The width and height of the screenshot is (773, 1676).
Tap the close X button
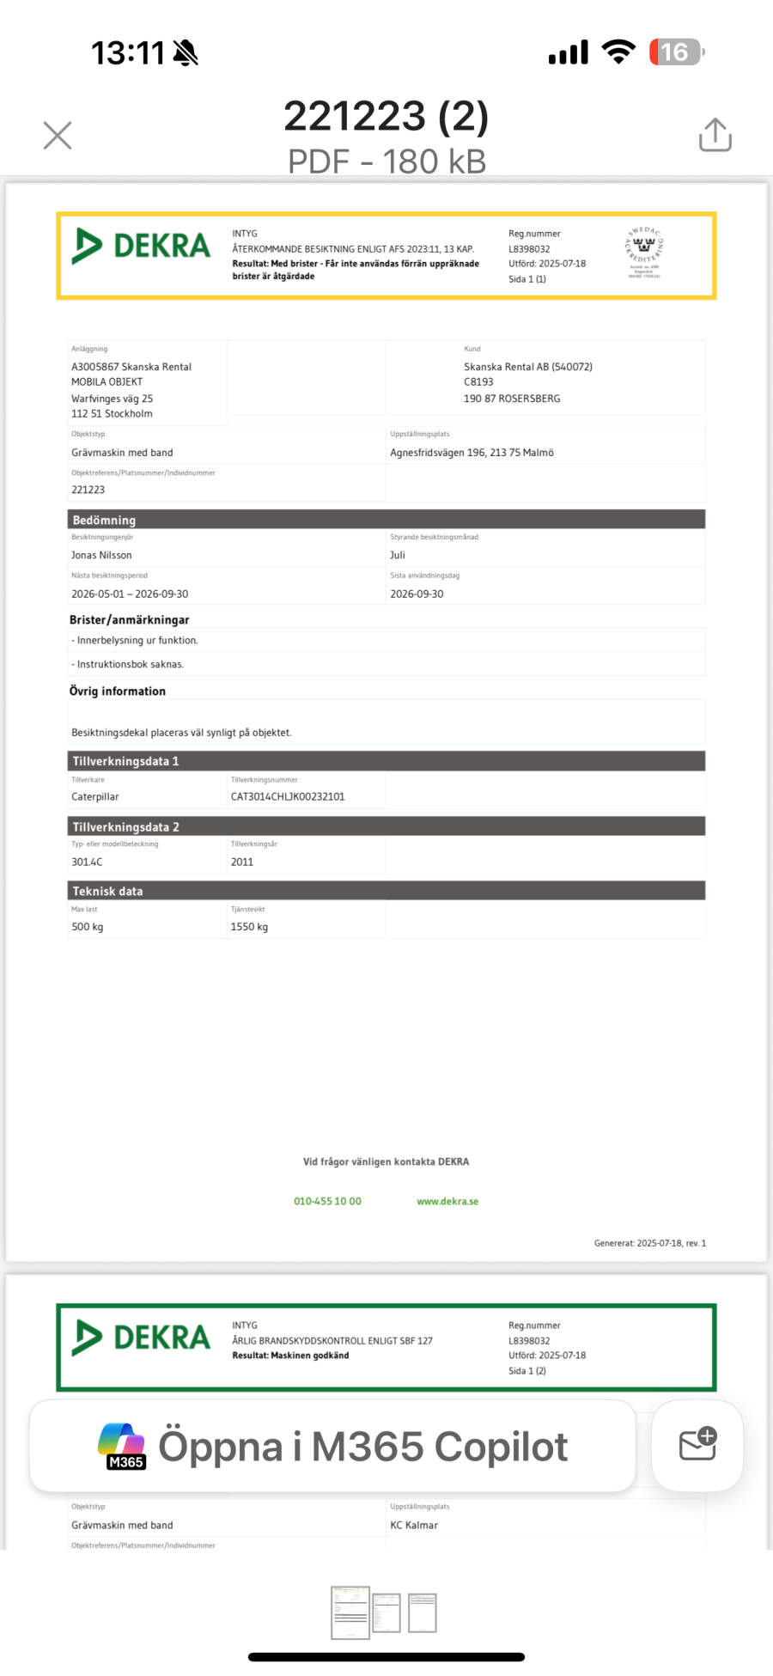pyautogui.click(x=58, y=135)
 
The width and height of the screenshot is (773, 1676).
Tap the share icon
pyautogui.click(x=715, y=135)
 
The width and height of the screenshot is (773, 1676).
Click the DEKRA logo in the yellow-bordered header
pyautogui.click(x=142, y=247)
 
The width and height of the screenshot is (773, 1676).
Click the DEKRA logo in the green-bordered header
pyautogui.click(x=142, y=1338)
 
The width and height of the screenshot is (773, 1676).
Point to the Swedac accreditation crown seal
pyautogui.click(x=644, y=251)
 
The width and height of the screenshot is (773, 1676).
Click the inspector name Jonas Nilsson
pyautogui.click(x=101, y=555)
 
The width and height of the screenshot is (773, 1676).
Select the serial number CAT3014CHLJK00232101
pyautogui.click(x=288, y=796)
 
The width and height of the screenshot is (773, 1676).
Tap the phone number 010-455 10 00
pyautogui.click(x=327, y=1201)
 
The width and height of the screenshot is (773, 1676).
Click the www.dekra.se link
pyautogui.click(x=447, y=1201)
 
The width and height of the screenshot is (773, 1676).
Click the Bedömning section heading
pyautogui.click(x=104, y=520)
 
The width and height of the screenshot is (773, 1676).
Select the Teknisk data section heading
pyautogui.click(x=107, y=891)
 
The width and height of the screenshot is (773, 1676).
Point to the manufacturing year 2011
pyautogui.click(x=242, y=862)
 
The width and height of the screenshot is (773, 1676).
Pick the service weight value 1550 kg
pyautogui.click(x=249, y=927)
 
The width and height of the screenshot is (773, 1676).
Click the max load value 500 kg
pyautogui.click(x=87, y=927)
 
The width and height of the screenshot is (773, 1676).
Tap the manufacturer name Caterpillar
pyautogui.click(x=95, y=796)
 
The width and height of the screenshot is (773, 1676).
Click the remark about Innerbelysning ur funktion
pyautogui.click(x=137, y=640)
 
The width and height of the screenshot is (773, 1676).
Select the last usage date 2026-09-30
pyautogui.click(x=417, y=594)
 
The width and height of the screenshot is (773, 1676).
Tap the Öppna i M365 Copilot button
pyautogui.click(x=332, y=1447)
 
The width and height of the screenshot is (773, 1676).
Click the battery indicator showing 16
pyautogui.click(x=676, y=52)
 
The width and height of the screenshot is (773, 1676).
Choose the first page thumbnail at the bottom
pyautogui.click(x=350, y=1612)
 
